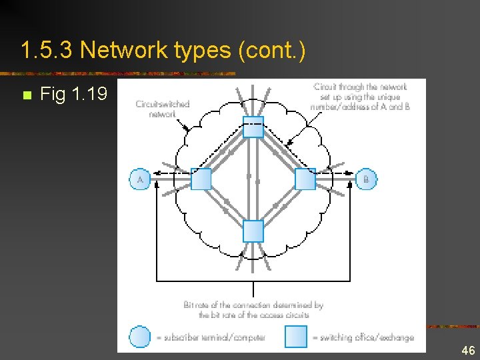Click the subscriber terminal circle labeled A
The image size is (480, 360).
pos(139,179)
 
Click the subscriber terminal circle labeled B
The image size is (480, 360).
pos(366,179)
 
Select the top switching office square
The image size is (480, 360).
pos(253,127)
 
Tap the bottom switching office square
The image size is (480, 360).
pos(253,231)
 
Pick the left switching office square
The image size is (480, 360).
pos(201,179)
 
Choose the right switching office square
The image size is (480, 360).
pos(305,179)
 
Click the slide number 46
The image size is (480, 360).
pos(467,350)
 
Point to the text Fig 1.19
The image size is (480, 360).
pos(73,95)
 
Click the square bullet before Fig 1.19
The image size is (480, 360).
pos(26,95)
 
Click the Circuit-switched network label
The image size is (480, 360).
pos(162,109)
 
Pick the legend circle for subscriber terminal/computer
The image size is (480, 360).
pos(139,337)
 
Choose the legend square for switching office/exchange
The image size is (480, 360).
pos(296,337)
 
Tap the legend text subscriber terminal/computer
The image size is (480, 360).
pos(211,337)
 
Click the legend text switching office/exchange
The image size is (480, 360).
pos(363,337)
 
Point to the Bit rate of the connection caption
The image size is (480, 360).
pos(253,309)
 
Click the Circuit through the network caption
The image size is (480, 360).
pos(360,97)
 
